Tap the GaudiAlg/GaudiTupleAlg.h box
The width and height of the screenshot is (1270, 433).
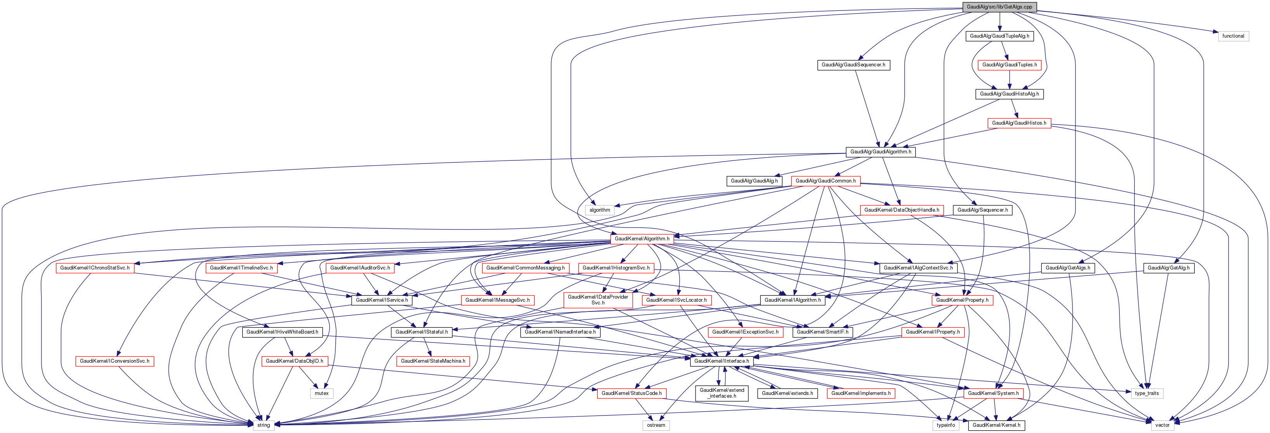tap(999, 36)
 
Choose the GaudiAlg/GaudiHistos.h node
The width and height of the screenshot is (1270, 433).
tap(1018, 123)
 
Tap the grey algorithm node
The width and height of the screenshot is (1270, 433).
tap(600, 210)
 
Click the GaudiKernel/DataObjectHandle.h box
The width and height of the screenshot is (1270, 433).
tap(901, 210)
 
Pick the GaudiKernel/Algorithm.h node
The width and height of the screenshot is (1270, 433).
tap(642, 239)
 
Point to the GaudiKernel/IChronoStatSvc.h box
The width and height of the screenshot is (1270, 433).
tap(95, 268)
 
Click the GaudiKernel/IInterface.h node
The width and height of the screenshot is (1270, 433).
tap(722, 362)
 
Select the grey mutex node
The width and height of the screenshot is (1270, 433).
tap(321, 393)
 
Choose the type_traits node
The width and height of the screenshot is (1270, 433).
tap(1146, 393)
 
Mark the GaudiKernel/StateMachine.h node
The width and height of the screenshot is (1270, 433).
tap(432, 362)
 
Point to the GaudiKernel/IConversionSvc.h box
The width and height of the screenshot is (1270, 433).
tap(115, 362)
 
